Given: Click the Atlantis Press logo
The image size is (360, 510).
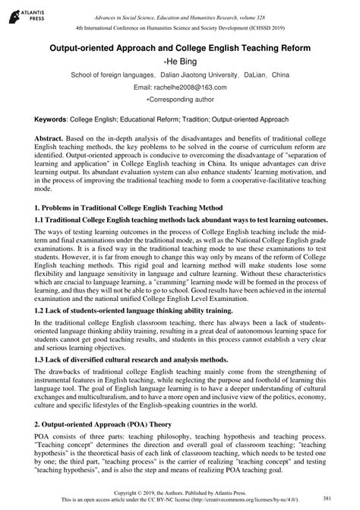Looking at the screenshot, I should [x=22, y=13].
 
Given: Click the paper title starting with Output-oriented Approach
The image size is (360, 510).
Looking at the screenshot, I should [x=179, y=48].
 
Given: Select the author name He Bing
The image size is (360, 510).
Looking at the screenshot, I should [x=180, y=62].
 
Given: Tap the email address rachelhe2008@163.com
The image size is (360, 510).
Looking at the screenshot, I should [x=180, y=87].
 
